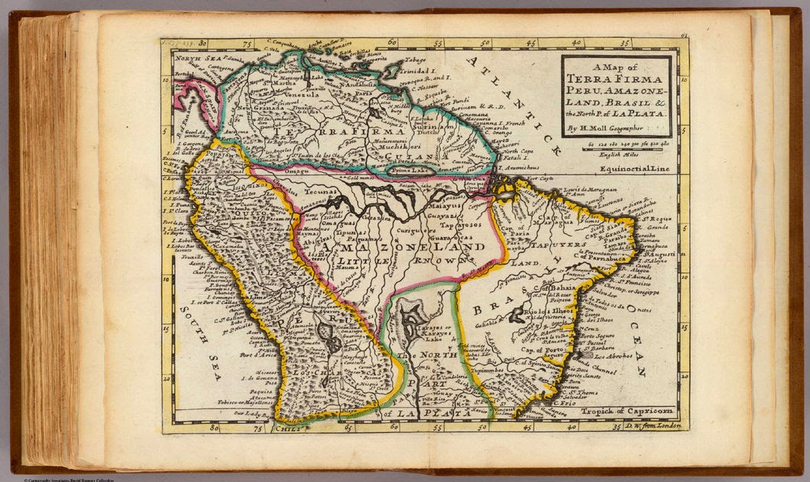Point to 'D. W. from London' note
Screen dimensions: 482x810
657,425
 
